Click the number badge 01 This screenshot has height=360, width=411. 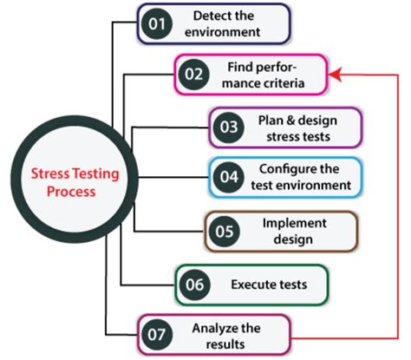(x=157, y=24)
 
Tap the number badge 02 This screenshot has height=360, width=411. (x=193, y=75)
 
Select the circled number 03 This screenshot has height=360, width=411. (x=229, y=128)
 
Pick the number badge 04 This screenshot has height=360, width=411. (x=229, y=177)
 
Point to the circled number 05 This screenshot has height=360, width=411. (x=225, y=232)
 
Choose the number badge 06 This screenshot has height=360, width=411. (x=194, y=285)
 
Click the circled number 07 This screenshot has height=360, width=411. (x=157, y=335)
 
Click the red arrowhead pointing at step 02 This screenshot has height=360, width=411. (x=336, y=75)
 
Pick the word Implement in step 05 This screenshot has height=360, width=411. (x=295, y=223)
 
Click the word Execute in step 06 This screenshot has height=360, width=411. (x=250, y=285)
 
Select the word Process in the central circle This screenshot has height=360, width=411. (x=71, y=192)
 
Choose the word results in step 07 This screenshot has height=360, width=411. (x=225, y=344)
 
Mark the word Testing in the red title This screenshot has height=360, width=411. (x=95, y=174)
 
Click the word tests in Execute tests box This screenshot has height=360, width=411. (x=290, y=285)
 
